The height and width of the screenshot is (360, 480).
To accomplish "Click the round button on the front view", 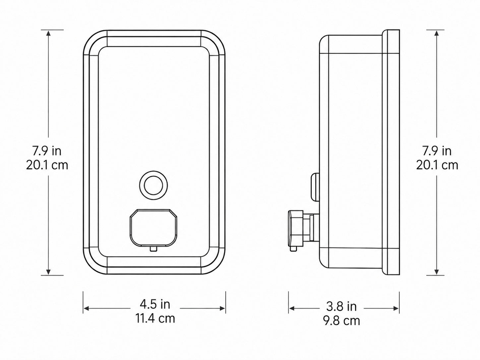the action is tap(153, 185).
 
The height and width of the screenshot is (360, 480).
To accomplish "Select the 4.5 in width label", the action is tap(155, 304).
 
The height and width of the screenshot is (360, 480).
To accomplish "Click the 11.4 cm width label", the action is tap(155, 318).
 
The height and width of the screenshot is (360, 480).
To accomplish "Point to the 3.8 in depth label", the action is tap(341, 306).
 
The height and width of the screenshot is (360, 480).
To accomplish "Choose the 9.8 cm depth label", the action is tap(341, 321).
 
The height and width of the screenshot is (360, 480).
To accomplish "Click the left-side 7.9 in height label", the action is tap(47, 151).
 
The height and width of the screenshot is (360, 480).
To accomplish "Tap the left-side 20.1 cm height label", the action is tap(47, 165).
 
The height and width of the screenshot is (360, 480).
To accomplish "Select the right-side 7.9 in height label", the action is tap(437, 151).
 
